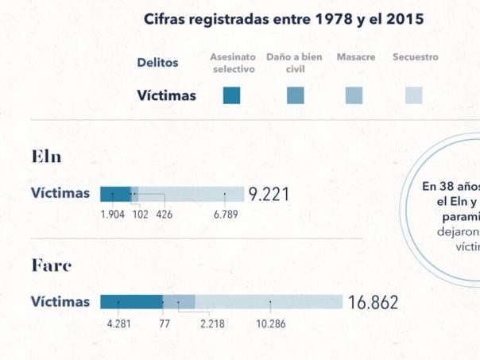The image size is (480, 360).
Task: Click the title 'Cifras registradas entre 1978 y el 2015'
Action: tap(284, 19)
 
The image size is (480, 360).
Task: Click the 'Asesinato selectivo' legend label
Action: tap(233, 63)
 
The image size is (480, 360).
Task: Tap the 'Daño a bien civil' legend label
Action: tap(294, 63)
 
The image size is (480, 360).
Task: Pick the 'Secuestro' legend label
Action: tap(415, 57)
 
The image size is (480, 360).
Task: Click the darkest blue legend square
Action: tap(232, 95)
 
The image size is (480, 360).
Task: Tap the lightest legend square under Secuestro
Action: tap(414, 95)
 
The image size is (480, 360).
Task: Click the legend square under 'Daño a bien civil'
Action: tap(295, 95)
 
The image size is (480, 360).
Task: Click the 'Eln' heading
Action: tap(46, 156)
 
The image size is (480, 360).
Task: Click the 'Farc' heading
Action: tap(52, 265)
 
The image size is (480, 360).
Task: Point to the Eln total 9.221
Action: tap(269, 194)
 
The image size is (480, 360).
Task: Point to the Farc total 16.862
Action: tap(373, 303)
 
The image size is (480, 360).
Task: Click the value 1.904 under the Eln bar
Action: tap(113, 214)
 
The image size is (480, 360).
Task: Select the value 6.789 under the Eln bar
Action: tap(225, 214)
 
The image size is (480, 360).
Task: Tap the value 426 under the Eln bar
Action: tap(165, 214)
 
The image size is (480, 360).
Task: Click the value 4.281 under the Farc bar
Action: tap(118, 323)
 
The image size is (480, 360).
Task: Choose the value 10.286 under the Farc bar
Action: tap(270, 323)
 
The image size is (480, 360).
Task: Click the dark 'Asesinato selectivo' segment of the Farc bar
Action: tap(131, 301)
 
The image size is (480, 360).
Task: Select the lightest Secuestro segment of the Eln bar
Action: tap(191, 192)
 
